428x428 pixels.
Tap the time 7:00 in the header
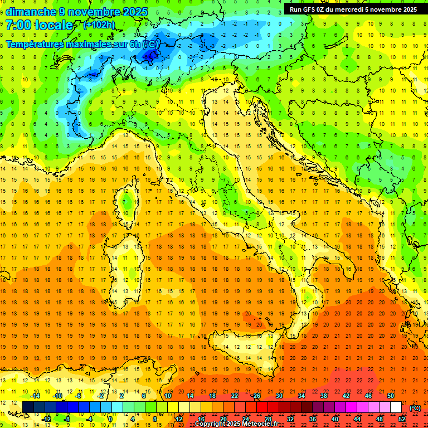[18, 25]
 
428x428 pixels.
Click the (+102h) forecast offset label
[100, 25]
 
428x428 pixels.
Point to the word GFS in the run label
[310, 9]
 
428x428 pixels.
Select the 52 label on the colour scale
[402, 419]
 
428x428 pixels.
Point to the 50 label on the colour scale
[391, 396]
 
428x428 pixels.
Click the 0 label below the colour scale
[110, 419]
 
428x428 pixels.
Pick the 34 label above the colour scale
[301, 396]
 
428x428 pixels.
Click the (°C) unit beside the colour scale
[415, 408]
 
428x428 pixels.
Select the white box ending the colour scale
[396, 407]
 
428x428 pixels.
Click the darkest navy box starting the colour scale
[28, 407]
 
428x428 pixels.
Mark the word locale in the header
[59, 25]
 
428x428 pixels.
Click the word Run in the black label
[296, 9]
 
